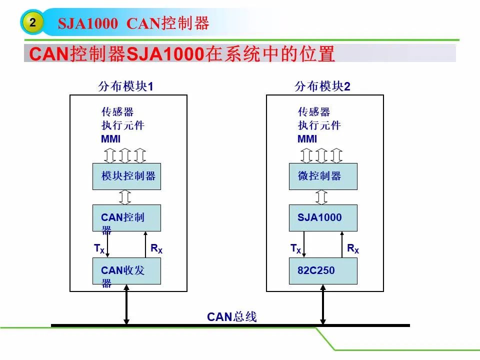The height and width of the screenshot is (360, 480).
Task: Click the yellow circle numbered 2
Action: tap(32, 22)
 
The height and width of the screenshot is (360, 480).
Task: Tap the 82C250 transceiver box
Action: tap(323, 271)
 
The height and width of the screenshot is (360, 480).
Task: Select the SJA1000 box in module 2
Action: tap(323, 217)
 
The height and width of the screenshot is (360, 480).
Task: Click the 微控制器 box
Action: tap(323, 176)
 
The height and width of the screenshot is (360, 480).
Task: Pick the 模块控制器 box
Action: tap(126, 176)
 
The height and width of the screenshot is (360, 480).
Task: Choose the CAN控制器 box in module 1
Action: tap(126, 217)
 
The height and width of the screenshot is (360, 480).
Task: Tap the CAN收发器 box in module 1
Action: tap(126, 271)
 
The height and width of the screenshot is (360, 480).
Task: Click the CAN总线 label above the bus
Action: tap(231, 316)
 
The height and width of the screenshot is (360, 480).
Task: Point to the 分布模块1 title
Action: tap(125, 86)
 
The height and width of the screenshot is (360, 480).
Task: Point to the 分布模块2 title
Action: tap(322, 86)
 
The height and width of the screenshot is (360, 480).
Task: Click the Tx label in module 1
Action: tap(99, 248)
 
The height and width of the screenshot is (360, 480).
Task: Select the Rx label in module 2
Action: tap(353, 248)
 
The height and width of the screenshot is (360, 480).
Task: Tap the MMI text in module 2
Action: tap(307, 139)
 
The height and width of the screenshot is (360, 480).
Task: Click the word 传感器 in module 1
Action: tap(117, 111)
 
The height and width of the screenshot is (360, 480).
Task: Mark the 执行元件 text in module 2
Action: tap(319, 125)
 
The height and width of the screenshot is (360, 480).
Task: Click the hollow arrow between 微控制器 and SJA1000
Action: tap(321, 197)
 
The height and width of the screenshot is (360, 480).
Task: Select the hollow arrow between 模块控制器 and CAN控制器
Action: tap(125, 197)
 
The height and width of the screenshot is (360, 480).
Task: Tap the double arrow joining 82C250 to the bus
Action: tap(323, 304)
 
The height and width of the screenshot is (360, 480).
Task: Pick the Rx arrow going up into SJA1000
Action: tap(342, 244)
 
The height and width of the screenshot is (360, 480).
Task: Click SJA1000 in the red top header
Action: tap(88, 23)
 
